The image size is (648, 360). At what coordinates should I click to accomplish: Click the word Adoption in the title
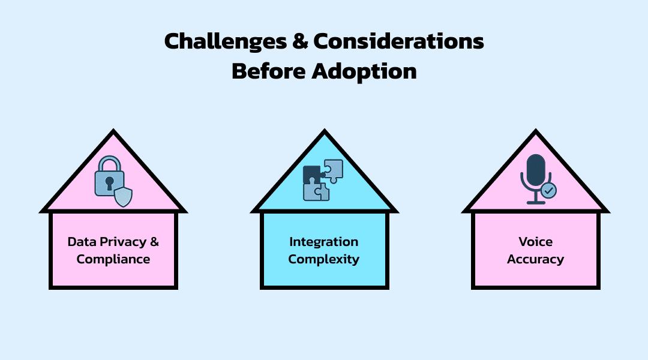(x=364, y=71)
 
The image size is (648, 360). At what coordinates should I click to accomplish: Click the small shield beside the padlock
(x=123, y=196)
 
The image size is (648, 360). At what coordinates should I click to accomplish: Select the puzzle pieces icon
(x=323, y=179)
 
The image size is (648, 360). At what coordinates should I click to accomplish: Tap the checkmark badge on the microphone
(x=548, y=191)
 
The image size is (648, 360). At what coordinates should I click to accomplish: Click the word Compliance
(x=113, y=260)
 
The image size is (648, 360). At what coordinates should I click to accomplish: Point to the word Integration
(x=324, y=242)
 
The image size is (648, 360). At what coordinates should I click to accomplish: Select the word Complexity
(x=324, y=259)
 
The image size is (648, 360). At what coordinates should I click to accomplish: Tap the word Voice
(x=535, y=242)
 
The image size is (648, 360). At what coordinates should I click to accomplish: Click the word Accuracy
(x=535, y=259)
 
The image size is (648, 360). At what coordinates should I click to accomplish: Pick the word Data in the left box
(x=81, y=242)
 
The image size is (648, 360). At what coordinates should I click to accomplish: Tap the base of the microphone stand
(x=535, y=203)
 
